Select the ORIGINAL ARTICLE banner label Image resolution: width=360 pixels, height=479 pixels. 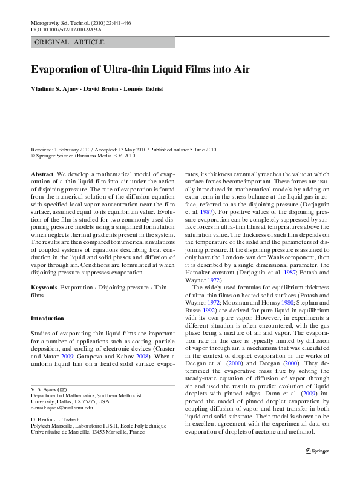(70, 42)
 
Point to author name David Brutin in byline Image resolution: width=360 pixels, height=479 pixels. (102, 89)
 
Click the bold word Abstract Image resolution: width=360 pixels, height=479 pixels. (42, 174)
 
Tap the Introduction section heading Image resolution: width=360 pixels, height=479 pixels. (47, 319)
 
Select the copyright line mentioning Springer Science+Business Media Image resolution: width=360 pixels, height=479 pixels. (83, 155)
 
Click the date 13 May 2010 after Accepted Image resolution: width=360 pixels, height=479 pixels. (129, 149)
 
